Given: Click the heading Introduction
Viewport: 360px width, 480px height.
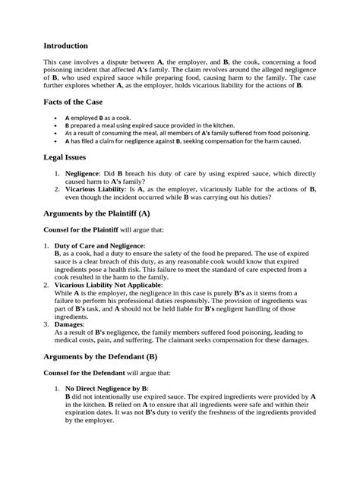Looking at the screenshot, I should coord(66,46).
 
